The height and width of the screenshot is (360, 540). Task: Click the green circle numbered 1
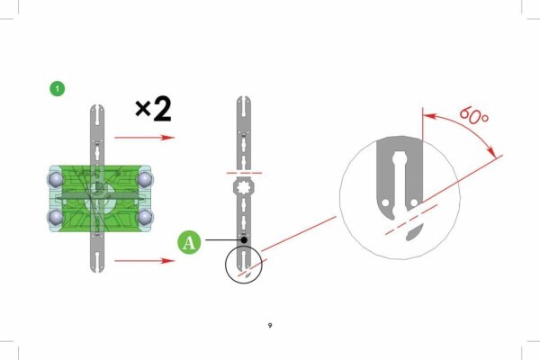pos(58,88)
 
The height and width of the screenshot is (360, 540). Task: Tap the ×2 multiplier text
pos(153,110)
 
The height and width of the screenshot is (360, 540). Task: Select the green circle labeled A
pos(189,242)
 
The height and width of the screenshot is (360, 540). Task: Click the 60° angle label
pos(474,115)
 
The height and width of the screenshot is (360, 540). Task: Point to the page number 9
pos(270,325)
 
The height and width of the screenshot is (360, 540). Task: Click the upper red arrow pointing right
pos(145,138)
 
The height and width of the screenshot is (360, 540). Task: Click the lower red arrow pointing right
pos(145,260)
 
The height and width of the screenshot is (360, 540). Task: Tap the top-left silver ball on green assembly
pos(56,179)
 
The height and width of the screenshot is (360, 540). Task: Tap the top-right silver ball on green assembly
pos(145,179)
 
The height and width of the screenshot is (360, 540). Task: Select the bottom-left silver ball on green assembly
pos(56,217)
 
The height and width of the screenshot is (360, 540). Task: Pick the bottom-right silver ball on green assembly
pos(145,217)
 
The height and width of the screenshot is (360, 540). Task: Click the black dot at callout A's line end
pos(244,239)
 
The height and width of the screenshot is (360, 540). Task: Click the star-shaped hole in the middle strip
pos(244,188)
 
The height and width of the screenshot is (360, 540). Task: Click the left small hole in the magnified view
pos(385,202)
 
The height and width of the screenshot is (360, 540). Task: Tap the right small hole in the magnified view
pos(414,202)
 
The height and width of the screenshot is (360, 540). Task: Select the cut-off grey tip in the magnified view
pos(414,232)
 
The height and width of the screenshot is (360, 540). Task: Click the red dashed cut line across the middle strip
pos(244,173)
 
